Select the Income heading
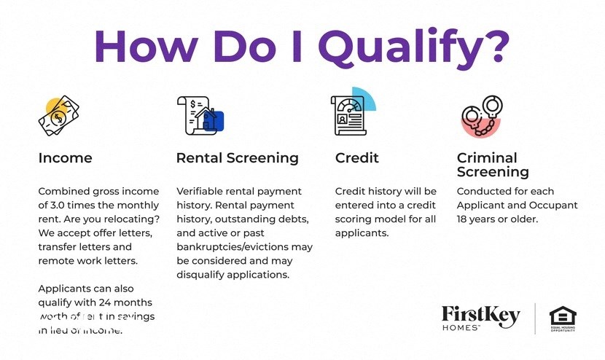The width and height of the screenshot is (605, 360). point(65,158)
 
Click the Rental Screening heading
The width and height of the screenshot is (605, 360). point(237,158)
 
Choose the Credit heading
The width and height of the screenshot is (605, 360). point(356,158)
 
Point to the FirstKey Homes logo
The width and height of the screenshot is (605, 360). point(480,318)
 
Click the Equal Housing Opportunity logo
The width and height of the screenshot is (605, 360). point(562,319)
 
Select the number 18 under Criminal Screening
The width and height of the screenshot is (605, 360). point(464,219)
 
